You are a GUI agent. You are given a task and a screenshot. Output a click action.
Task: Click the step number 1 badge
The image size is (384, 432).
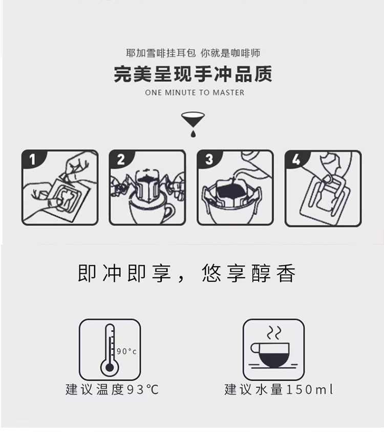point(32,159)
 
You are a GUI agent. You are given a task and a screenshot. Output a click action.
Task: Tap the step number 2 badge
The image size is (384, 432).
point(120,159)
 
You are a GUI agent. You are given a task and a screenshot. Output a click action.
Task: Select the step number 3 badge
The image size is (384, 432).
point(209,159)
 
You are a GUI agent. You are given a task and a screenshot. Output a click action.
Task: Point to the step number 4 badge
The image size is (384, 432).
point(296,159)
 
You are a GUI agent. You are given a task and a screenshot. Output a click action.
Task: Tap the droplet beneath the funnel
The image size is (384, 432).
point(193,134)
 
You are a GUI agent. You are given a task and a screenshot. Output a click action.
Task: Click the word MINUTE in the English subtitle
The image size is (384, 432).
point(180,93)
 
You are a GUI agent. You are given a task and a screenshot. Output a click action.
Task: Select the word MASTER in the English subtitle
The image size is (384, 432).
point(228,93)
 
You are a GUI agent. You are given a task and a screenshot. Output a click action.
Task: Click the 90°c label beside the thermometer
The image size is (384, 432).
point(126,351)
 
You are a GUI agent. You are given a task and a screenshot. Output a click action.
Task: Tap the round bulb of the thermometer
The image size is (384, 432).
point(110,367)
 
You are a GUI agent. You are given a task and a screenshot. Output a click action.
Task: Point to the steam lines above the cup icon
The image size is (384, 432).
point(274,333)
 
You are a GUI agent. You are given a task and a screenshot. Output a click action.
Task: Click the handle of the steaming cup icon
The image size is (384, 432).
point(254,348)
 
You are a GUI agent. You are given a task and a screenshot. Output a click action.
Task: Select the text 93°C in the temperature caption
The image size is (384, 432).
point(142,389)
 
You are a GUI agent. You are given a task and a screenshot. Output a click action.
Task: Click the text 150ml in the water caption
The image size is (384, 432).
point(310,389)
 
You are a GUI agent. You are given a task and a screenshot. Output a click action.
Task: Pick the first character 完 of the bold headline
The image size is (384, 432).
point(123,74)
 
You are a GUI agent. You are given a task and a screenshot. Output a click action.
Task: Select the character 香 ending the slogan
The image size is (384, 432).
point(286,273)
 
